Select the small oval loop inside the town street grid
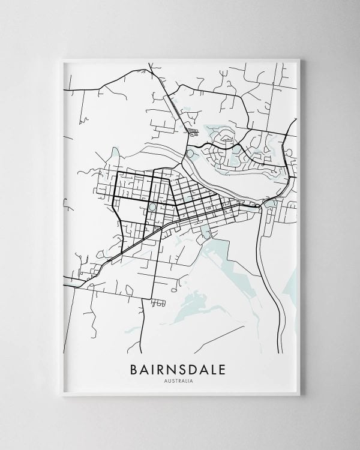(152, 207)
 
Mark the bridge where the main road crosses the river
(260, 206)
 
